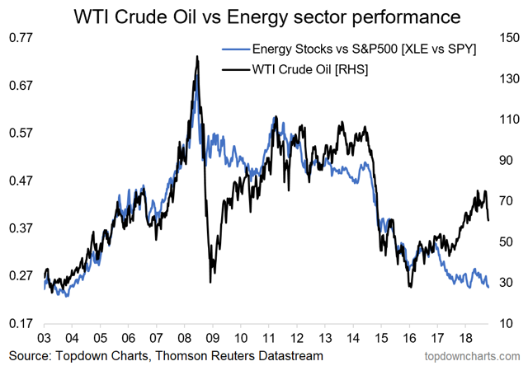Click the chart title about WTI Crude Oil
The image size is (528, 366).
pos(264,16)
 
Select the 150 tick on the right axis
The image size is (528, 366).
pos(506,37)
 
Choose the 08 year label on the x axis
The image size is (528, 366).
pos(184,338)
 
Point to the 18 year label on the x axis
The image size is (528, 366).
pos(465,338)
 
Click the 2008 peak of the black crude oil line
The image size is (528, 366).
pos(197,57)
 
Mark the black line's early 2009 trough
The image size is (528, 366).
pos(210,282)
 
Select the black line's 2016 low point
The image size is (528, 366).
pos(409,287)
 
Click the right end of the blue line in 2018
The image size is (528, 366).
pos(488,287)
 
